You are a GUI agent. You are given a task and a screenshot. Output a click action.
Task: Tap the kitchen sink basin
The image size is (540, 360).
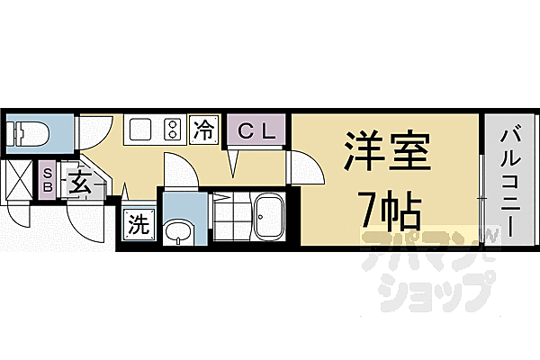point(139,130)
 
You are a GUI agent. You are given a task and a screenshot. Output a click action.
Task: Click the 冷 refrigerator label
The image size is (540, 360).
point(205,130)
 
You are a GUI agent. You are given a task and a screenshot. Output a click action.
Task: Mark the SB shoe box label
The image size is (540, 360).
point(47,177)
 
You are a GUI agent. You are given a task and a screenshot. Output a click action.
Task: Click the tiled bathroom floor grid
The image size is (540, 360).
point(229,216)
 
